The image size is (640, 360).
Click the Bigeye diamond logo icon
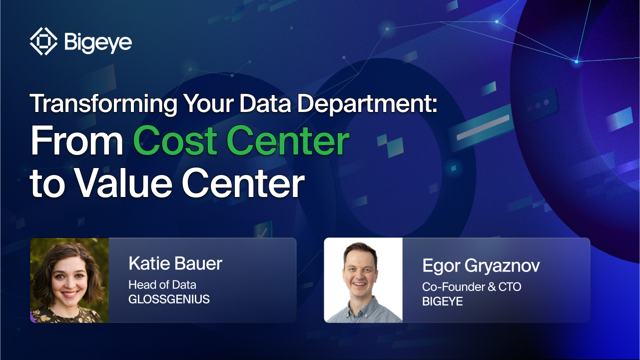[x=44, y=41]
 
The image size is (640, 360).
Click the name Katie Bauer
[x=175, y=263]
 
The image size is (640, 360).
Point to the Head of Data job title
[x=162, y=285]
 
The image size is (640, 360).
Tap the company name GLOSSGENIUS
[x=169, y=300]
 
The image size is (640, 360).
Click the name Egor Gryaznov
[x=481, y=265]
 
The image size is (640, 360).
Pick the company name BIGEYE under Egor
[x=442, y=301]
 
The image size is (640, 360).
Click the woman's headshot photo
[x=69, y=280]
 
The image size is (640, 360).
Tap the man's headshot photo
[x=363, y=280]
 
